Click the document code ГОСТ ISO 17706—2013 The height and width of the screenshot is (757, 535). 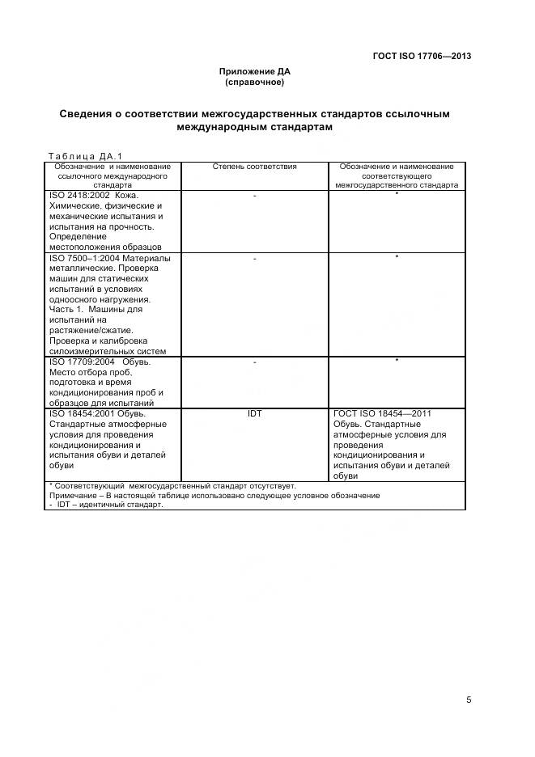(x=422, y=56)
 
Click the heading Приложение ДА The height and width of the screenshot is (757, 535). (x=255, y=72)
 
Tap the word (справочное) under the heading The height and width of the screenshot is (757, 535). (x=255, y=82)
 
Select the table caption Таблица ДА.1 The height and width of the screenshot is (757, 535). (x=84, y=156)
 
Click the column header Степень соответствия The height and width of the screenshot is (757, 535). (x=255, y=167)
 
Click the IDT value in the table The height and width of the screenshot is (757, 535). (x=255, y=413)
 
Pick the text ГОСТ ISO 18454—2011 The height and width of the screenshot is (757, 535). (x=382, y=413)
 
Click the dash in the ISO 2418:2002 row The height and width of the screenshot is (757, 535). (x=255, y=196)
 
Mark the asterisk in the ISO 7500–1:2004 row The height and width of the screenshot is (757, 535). (x=397, y=257)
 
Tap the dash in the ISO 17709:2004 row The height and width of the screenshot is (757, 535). (x=255, y=362)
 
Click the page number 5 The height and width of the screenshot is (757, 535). (x=469, y=700)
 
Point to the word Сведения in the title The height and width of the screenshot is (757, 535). (x=87, y=114)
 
